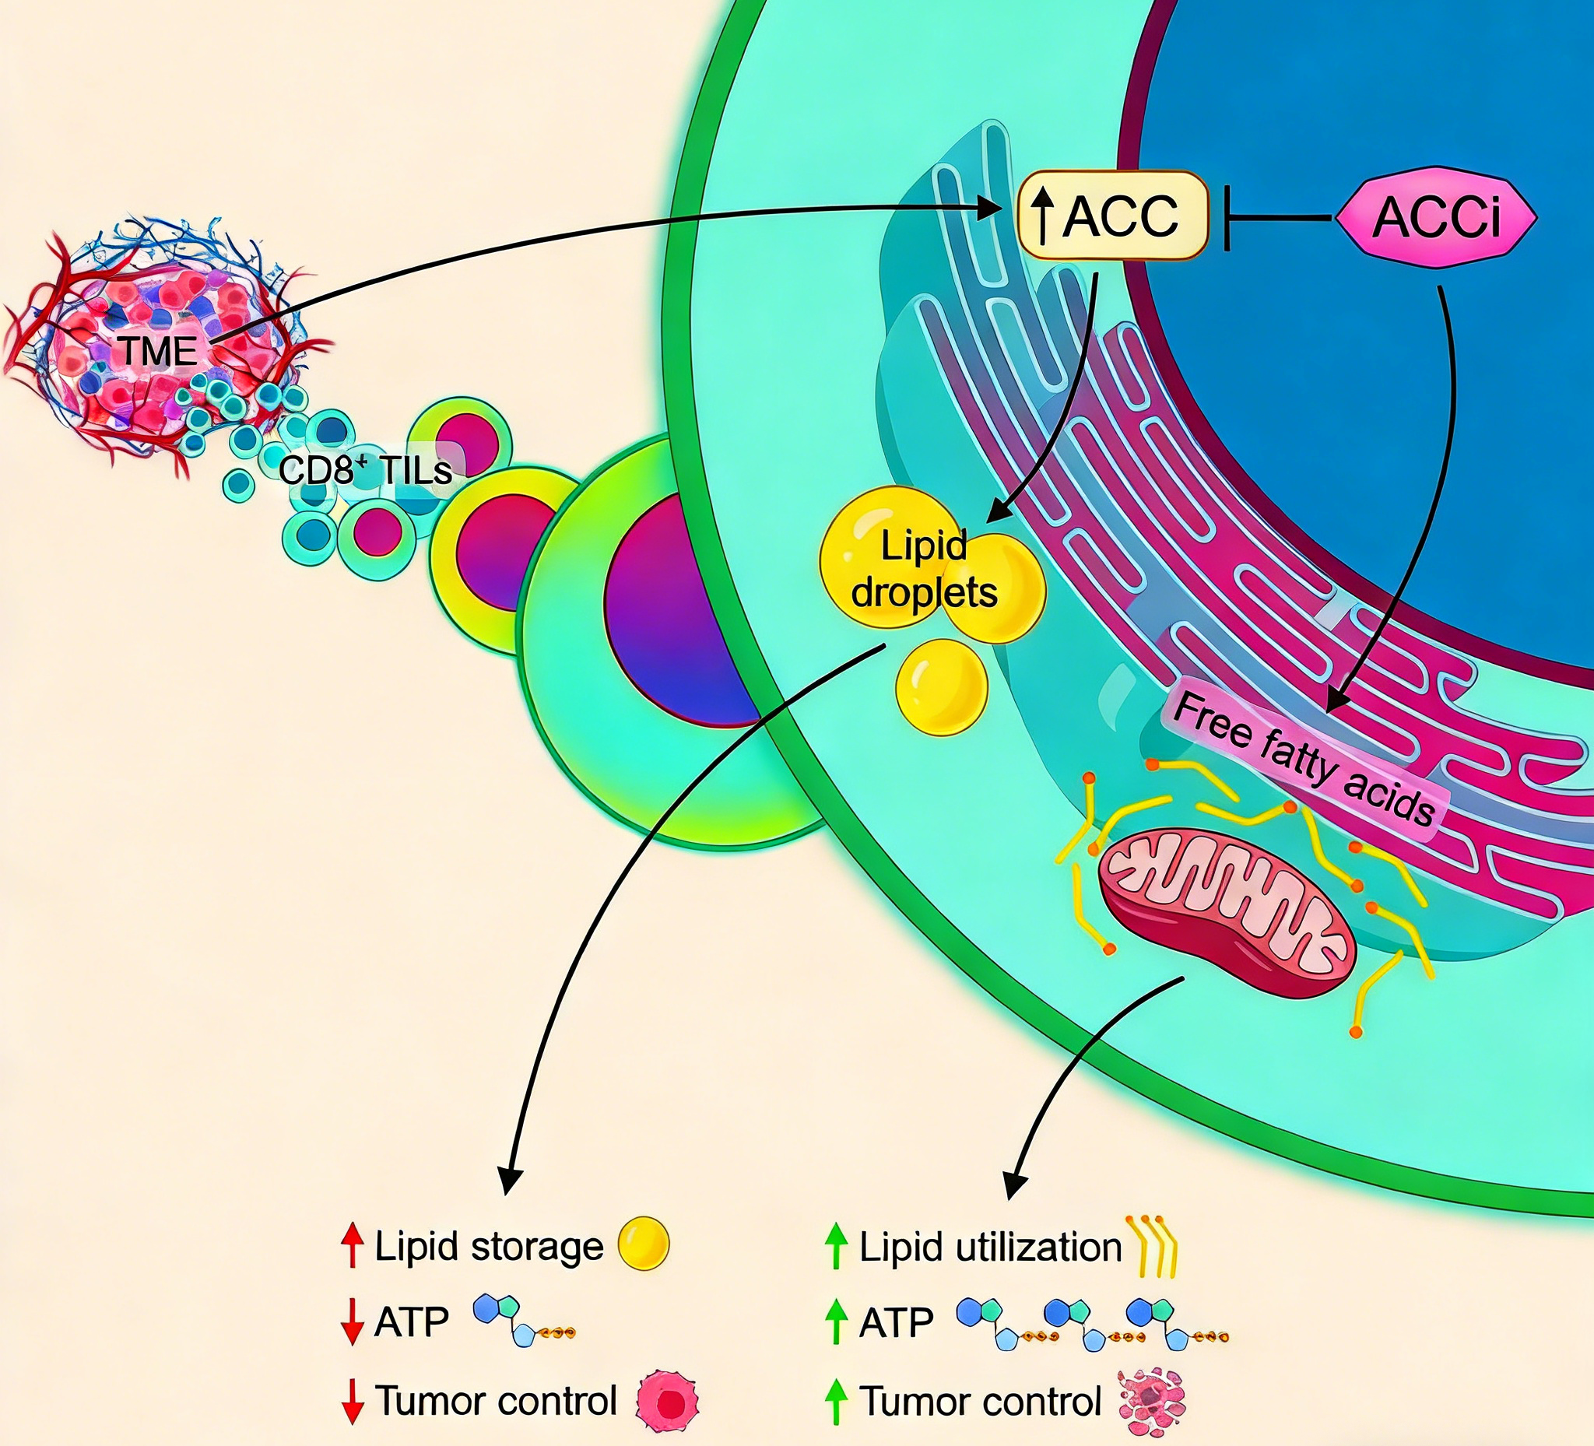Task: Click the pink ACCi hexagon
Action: pyautogui.click(x=1436, y=216)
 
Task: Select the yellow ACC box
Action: pyautogui.click(x=1113, y=215)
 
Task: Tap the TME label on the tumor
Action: pyautogui.click(x=158, y=350)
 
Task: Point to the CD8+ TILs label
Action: pyautogui.click(x=365, y=470)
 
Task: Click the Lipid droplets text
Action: pyautogui.click(x=925, y=568)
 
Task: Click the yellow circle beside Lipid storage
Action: pyautogui.click(x=643, y=1244)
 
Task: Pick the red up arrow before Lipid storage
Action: pyautogui.click(x=353, y=1245)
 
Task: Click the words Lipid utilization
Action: pyautogui.click(x=990, y=1247)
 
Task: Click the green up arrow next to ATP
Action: pyautogui.click(x=836, y=1322)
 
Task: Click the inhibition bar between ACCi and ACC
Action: pyautogui.click(x=1227, y=217)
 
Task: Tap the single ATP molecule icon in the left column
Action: pyautogui.click(x=521, y=1320)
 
